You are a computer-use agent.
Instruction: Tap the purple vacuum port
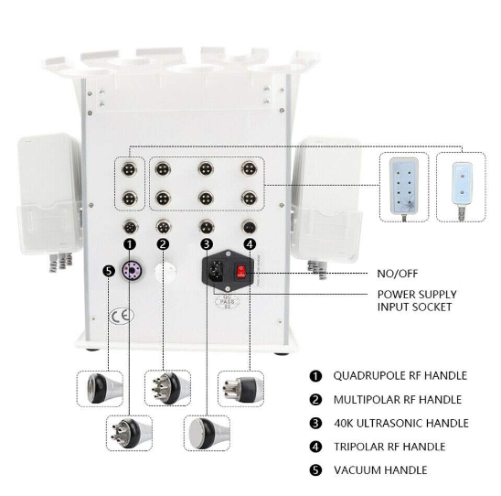pyautogui.click(x=132, y=271)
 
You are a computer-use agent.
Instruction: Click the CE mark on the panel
pyautogui.click(x=122, y=316)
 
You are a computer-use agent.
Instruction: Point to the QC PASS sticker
pyautogui.click(x=227, y=302)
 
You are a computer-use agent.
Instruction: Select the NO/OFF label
pyautogui.click(x=398, y=274)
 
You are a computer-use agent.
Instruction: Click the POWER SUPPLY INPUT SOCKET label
pyautogui.click(x=417, y=300)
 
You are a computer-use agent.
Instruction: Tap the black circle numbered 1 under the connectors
pyautogui.click(x=130, y=244)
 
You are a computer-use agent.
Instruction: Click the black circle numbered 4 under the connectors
pyautogui.click(x=250, y=244)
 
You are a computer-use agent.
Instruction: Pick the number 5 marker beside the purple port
pyautogui.click(x=109, y=271)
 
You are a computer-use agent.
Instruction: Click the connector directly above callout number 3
pyautogui.click(x=206, y=227)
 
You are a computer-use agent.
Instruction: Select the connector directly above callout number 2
pyautogui.click(x=164, y=227)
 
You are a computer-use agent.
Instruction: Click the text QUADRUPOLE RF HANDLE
pyautogui.click(x=400, y=375)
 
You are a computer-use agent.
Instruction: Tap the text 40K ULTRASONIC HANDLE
pyautogui.click(x=401, y=423)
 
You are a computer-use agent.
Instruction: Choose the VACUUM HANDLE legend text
pyautogui.click(x=380, y=470)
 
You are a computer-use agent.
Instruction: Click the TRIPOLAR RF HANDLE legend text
pyautogui.click(x=389, y=447)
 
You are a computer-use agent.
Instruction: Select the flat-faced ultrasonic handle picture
pyautogui.click(x=207, y=433)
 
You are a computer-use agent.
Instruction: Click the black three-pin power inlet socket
pyautogui.click(x=216, y=271)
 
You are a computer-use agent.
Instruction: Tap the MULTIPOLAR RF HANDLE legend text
pyautogui.click(x=398, y=399)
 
